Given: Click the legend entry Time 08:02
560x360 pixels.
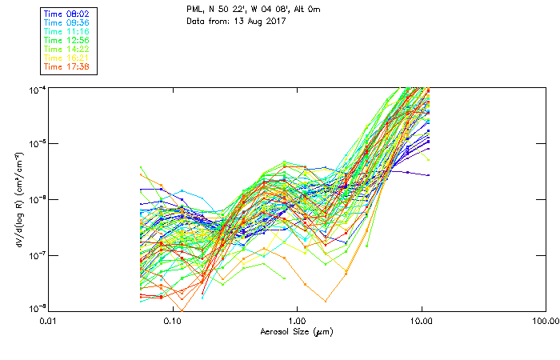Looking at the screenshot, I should click(x=67, y=13).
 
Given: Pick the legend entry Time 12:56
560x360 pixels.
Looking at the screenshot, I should click(x=67, y=39).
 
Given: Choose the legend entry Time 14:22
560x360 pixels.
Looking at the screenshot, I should click(x=67, y=49).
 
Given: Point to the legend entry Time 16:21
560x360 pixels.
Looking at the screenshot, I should click(x=67, y=58).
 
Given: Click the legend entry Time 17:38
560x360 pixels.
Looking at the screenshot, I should click(x=67, y=66).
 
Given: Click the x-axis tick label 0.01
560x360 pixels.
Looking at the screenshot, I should click(x=48, y=320).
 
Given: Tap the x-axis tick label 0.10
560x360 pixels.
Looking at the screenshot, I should click(x=172, y=320).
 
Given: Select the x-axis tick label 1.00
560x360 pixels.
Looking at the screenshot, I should click(x=297, y=320).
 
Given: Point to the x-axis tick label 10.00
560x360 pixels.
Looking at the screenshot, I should click(x=422, y=320).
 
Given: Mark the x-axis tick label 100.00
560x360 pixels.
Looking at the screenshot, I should click(x=546, y=320).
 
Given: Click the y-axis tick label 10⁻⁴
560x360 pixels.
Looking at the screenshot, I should click(x=36, y=89).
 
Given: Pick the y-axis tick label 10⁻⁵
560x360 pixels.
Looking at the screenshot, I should click(x=36, y=144).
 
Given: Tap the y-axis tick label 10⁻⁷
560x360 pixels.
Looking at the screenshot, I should click(x=36, y=255).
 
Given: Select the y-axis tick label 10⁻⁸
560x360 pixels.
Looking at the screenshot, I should click(x=36, y=309).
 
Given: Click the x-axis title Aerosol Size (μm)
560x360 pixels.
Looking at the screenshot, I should click(x=296, y=331).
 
